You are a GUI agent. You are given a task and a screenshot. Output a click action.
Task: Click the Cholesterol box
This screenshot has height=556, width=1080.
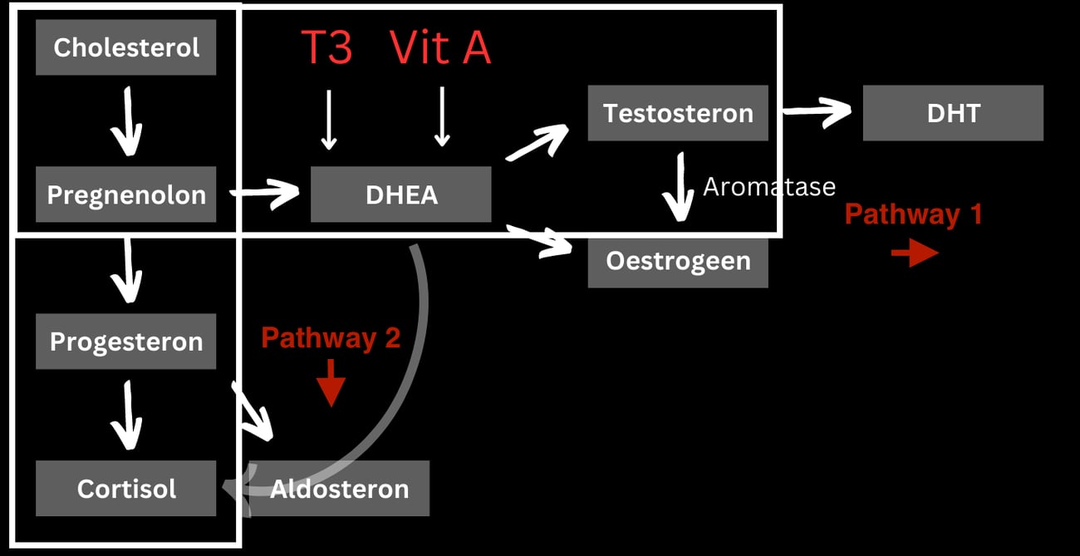click(125, 47)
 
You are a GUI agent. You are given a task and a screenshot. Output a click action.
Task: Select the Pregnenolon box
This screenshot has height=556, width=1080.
click(125, 194)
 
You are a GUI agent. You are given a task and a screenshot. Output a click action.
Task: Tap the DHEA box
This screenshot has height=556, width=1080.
click(401, 194)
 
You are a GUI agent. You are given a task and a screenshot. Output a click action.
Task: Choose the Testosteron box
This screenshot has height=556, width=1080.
click(678, 113)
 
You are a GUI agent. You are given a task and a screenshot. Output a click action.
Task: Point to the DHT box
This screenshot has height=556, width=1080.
click(953, 113)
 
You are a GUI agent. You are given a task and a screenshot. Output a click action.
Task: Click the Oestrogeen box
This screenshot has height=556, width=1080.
click(678, 261)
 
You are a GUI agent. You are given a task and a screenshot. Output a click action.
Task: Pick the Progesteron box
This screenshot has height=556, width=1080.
click(125, 342)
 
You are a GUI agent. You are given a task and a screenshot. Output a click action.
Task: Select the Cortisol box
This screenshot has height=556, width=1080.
click(125, 489)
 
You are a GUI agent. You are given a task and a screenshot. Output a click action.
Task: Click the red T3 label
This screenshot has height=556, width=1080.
click(326, 47)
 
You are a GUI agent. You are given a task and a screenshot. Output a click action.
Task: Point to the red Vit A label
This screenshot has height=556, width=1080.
click(440, 47)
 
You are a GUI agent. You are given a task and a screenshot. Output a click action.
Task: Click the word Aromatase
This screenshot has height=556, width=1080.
click(769, 187)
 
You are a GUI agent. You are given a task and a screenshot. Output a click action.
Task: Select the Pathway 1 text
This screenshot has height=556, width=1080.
click(914, 214)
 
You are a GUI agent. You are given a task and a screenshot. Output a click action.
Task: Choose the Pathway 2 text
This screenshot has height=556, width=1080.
click(331, 337)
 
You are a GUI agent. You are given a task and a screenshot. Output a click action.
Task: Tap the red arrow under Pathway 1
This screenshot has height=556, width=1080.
click(915, 253)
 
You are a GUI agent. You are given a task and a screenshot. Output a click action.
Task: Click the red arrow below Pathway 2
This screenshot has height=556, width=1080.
click(331, 383)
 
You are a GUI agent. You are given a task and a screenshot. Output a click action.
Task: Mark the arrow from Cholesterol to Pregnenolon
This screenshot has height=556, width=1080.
click(127, 121)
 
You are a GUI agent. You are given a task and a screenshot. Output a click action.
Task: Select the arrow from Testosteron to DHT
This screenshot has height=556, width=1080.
click(817, 112)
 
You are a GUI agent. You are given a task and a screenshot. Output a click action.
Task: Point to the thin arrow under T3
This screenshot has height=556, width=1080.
click(329, 120)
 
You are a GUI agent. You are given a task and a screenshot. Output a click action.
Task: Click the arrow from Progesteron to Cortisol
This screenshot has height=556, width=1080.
click(127, 416)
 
